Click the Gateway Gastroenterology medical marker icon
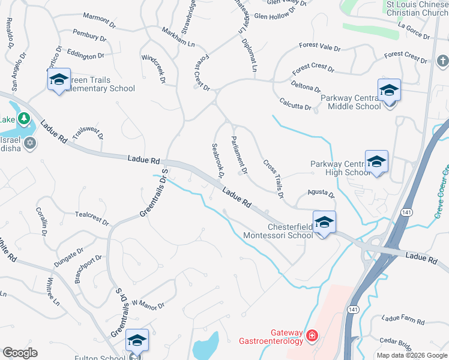coord(312,335)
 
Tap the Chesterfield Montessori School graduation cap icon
coord(324,222)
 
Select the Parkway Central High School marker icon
coord(376,161)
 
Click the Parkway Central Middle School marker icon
coord(389,91)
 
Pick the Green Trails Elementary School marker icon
coord(59,80)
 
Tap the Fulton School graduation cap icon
coord(137,340)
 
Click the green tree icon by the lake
coord(23,118)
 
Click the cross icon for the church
coord(442,61)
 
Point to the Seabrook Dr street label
coord(217,161)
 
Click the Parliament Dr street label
coord(239,155)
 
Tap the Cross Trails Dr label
coord(273,179)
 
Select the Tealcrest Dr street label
coord(92,218)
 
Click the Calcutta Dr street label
coord(294,104)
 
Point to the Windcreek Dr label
coord(154,68)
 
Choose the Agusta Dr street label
coord(320,193)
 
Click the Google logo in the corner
coord(20,353)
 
